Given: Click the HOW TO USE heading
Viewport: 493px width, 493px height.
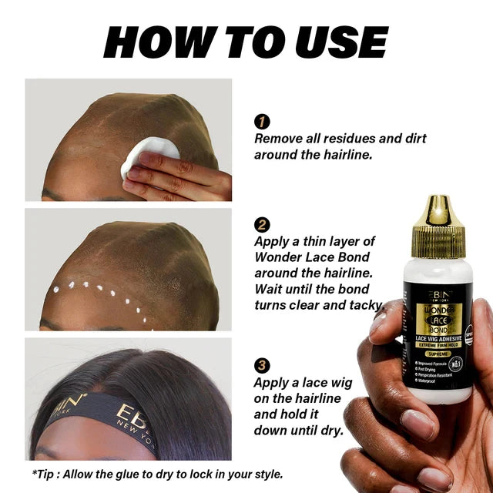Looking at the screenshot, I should [246, 42].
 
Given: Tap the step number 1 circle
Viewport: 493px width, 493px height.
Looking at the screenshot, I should [262, 122].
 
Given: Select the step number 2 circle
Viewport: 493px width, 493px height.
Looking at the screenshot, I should [262, 225].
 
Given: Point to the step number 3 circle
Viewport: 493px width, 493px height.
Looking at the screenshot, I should [262, 365].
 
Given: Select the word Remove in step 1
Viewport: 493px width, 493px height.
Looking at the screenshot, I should [278, 139].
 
